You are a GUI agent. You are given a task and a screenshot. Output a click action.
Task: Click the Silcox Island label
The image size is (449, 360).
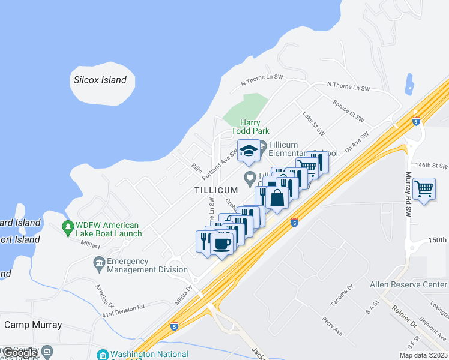(100, 80)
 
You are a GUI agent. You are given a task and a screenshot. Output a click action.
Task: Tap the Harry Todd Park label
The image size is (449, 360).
(250, 127)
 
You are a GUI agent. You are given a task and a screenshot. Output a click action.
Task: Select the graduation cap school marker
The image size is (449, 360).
(248, 151)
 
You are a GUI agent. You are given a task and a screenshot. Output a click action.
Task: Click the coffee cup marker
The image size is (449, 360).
(222, 244)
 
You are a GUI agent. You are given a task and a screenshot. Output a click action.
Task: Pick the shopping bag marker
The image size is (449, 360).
(277, 197)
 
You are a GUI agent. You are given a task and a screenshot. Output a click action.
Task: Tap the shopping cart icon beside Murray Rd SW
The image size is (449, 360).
(424, 189)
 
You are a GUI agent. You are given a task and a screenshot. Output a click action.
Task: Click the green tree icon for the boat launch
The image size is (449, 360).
(68, 229)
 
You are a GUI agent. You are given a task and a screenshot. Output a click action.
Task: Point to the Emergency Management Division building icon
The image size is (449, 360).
(99, 262)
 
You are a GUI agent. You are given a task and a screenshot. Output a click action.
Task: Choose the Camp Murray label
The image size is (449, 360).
(33, 325)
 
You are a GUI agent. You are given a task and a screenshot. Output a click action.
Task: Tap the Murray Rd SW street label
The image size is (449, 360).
(408, 194)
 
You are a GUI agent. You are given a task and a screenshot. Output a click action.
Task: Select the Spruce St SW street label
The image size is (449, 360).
(348, 111)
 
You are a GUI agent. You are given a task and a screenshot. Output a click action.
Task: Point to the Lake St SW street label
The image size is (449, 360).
(313, 123)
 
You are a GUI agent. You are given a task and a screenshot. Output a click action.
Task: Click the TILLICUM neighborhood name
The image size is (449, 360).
(216, 190)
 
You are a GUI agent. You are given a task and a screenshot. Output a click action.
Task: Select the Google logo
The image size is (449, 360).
(20, 352)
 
